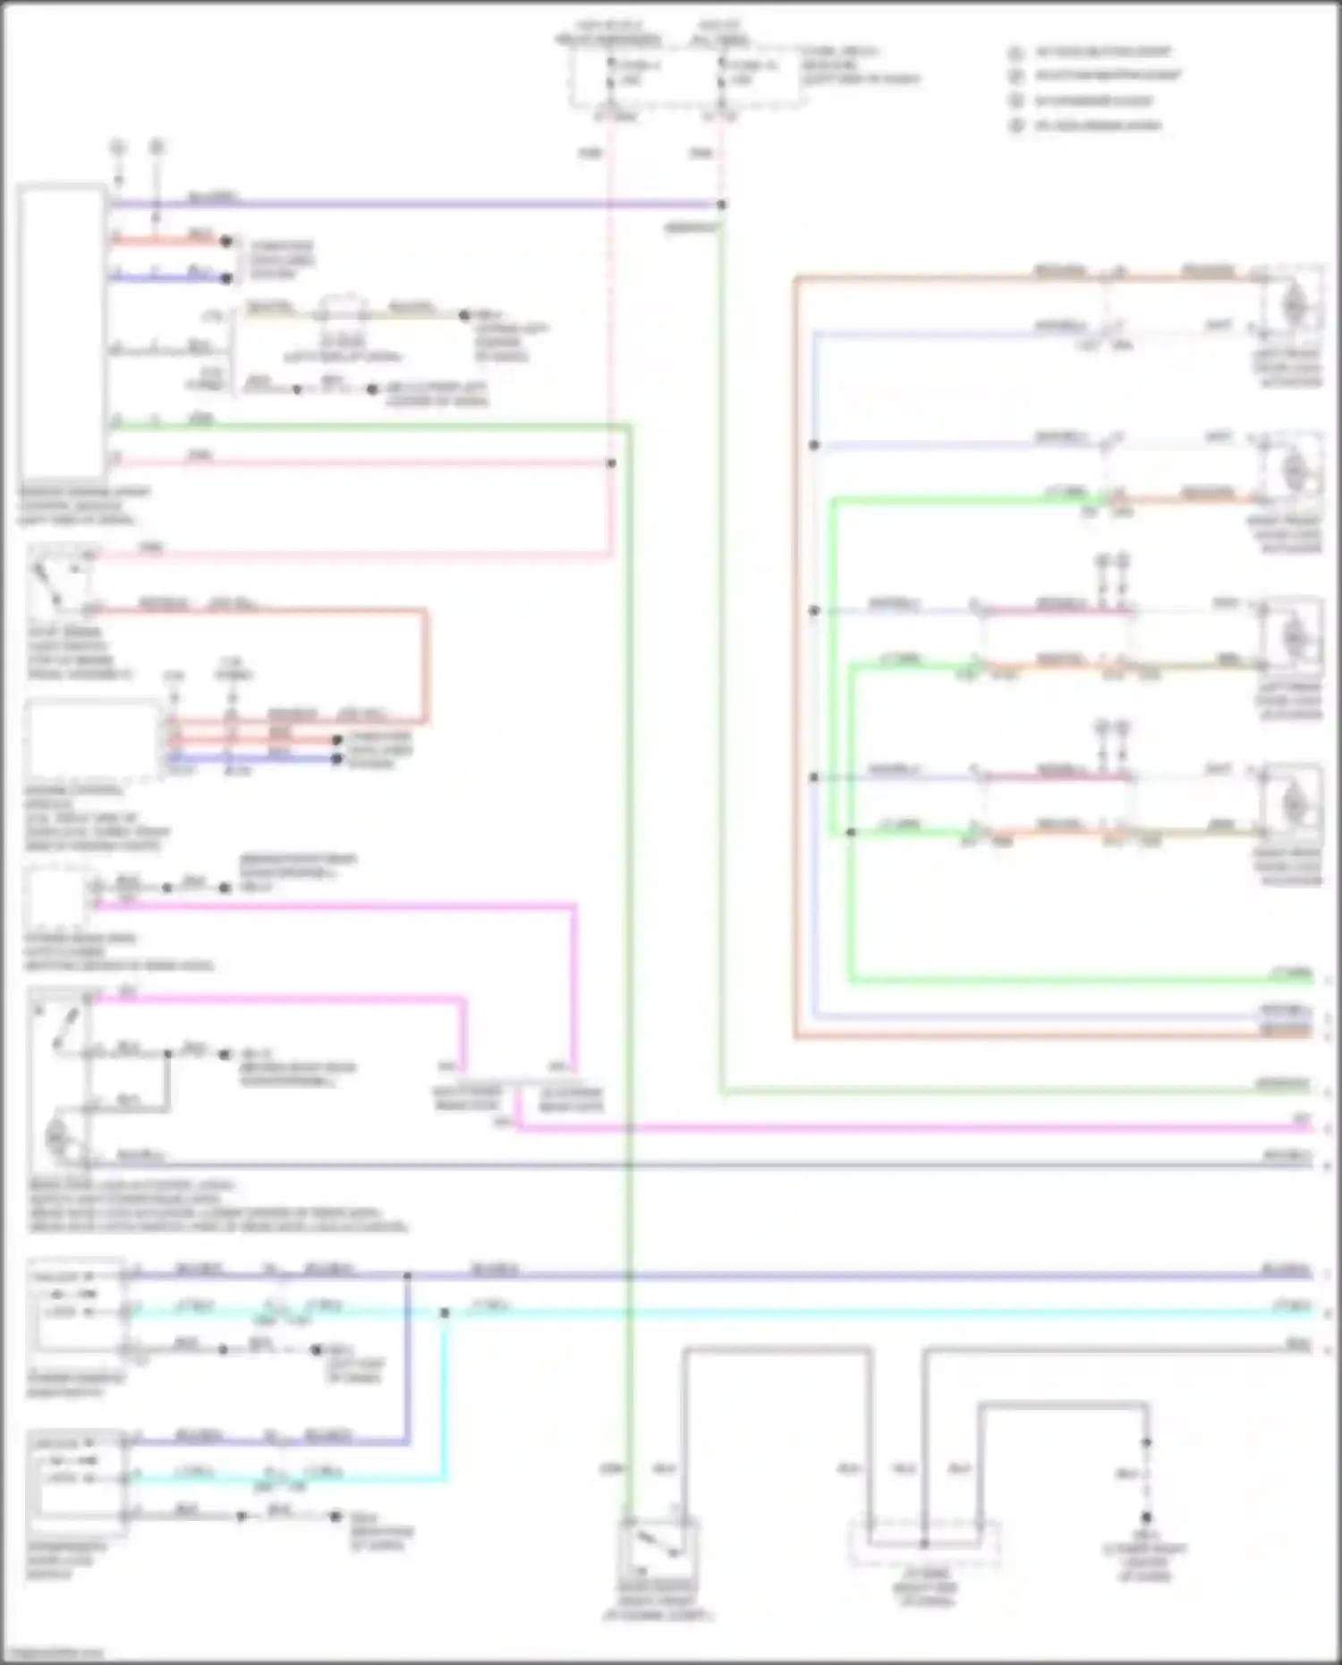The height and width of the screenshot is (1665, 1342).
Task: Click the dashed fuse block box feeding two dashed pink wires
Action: click(687, 76)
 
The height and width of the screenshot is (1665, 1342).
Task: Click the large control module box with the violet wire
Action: click(62, 331)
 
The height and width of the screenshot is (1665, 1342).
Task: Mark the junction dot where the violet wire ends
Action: click(721, 205)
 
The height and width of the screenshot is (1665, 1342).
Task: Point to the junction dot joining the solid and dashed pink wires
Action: click(611, 463)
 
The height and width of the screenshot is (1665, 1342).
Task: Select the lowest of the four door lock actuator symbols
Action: click(1291, 803)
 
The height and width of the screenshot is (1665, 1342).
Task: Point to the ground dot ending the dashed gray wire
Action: click(1146, 1518)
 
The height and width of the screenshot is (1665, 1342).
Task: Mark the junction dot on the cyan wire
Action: click(445, 1312)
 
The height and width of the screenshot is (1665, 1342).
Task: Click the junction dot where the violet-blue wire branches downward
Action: click(407, 1274)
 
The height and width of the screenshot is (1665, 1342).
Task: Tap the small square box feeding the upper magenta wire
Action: click(55, 896)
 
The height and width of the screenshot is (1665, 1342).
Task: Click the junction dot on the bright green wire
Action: click(850, 832)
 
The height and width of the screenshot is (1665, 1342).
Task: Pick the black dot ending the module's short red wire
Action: click(226, 241)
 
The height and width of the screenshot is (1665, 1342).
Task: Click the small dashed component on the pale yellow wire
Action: click(344, 310)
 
